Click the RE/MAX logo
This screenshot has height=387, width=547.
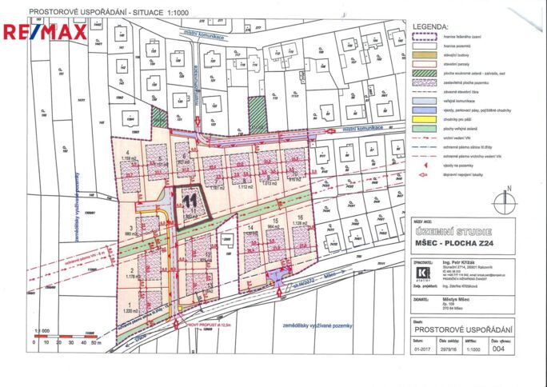(45, 32)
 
